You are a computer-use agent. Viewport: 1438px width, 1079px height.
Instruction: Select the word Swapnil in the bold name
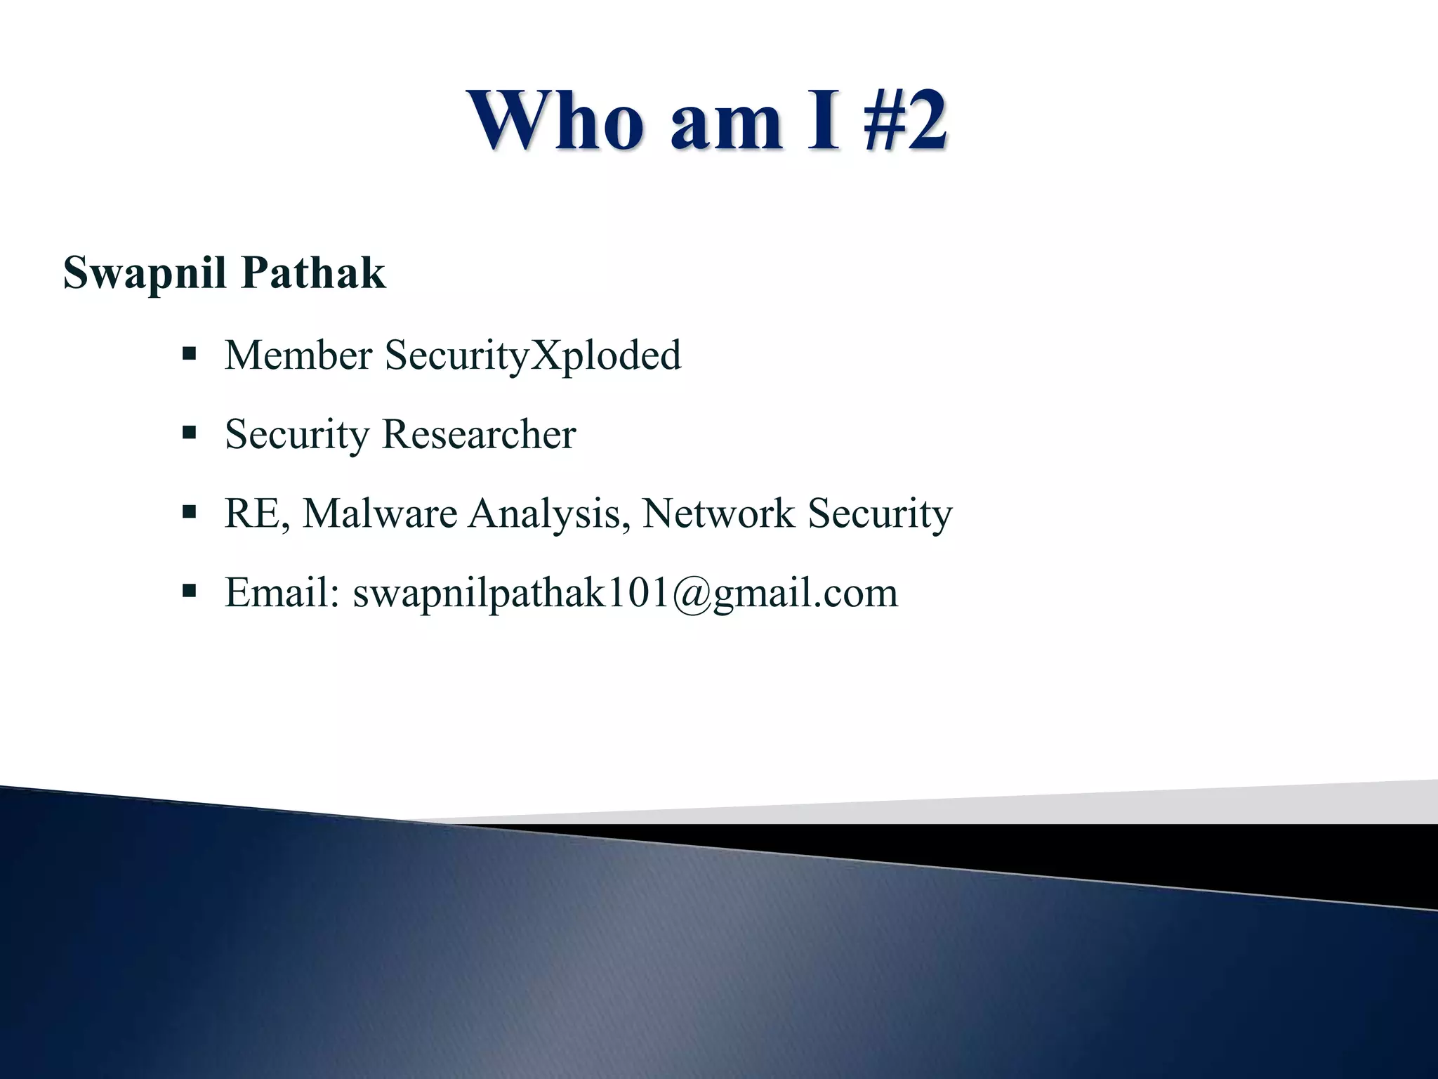[143, 274]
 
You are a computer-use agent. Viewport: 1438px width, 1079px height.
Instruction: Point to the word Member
[298, 355]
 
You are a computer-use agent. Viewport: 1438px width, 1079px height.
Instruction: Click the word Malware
[380, 514]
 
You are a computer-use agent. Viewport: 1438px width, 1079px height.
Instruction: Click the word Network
[718, 514]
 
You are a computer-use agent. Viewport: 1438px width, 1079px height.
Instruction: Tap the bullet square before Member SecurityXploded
[188, 353]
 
